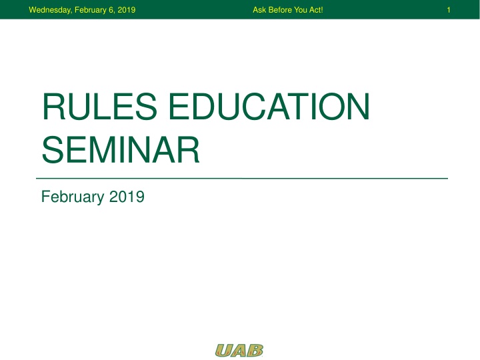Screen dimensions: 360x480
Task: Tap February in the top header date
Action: tap(79, 10)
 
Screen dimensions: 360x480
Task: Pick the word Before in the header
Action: tap(280, 10)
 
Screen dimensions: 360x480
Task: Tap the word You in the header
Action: tap(301, 10)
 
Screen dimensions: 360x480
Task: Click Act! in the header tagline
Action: tap(316, 10)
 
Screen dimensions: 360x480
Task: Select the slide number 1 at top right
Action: tap(449, 10)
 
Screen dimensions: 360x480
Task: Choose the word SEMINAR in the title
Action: tap(120, 150)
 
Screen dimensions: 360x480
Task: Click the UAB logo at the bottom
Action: tap(239, 350)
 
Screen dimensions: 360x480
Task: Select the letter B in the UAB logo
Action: tap(255, 350)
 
